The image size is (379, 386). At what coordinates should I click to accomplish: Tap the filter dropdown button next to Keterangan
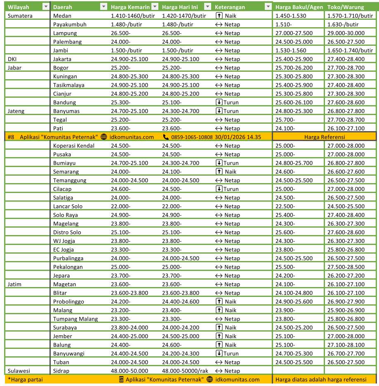[x=268, y=7]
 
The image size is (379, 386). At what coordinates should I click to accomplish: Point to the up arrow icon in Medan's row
[x=219, y=16]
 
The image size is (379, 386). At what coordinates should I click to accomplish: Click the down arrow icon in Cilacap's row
[x=219, y=189]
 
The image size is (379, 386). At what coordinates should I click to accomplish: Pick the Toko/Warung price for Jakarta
[x=346, y=59]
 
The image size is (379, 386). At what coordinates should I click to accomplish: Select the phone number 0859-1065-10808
[x=192, y=137]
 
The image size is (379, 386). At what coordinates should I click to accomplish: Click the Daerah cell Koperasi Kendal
[x=74, y=146]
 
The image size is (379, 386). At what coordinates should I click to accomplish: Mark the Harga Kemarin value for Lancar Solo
[x=120, y=206]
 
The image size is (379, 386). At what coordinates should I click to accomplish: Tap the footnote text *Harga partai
[x=25, y=379]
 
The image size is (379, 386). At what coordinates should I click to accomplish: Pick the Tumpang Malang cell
[x=75, y=319]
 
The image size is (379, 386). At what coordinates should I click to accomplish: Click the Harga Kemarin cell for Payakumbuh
[x=126, y=24]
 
